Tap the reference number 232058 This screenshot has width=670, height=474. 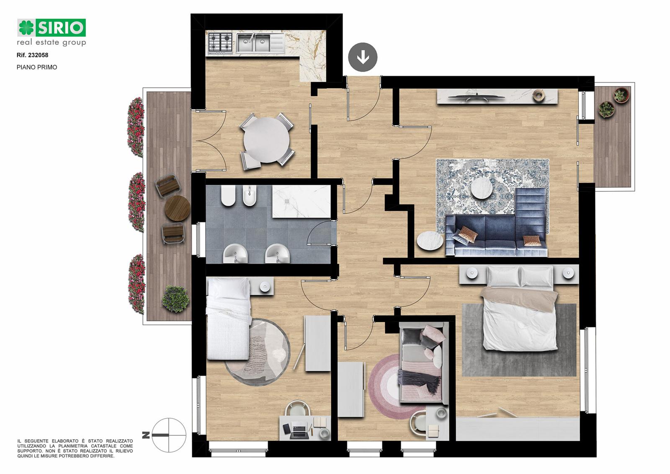point(38,55)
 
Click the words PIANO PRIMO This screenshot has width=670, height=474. point(37,67)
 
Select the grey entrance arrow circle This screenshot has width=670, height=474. point(363,57)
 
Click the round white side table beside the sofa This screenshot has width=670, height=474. point(430,240)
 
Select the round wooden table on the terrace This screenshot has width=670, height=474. point(177,208)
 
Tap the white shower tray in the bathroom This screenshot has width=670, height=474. point(301,201)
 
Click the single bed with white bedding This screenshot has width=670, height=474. point(228,318)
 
